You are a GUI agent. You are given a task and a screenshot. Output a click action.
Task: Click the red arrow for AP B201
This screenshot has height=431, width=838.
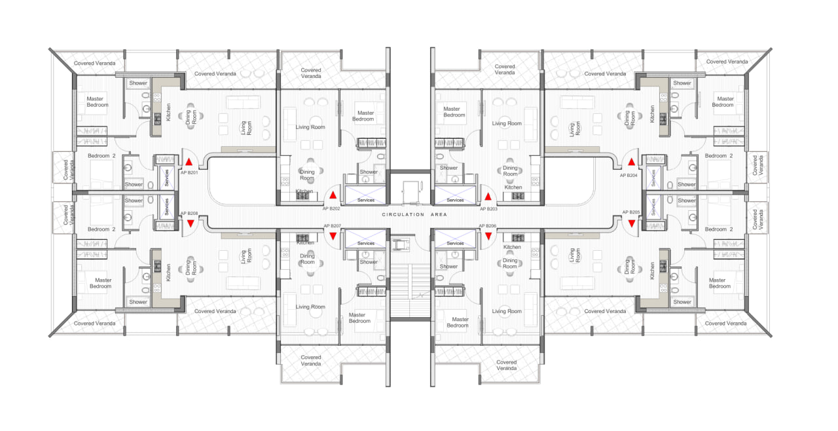pyautogui.click(x=189, y=162)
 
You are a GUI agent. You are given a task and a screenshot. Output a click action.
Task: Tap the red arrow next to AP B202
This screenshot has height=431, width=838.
pyautogui.click(x=333, y=195)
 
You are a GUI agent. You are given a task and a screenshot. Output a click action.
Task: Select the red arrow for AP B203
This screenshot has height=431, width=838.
pyautogui.click(x=488, y=197)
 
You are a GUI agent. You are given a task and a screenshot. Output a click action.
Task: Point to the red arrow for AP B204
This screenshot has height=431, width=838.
pyautogui.click(x=632, y=162)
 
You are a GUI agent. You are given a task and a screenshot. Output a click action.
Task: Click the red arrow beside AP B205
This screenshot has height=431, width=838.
pyautogui.click(x=632, y=224)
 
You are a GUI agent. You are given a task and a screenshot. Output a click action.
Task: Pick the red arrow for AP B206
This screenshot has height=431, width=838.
pyautogui.click(x=488, y=236)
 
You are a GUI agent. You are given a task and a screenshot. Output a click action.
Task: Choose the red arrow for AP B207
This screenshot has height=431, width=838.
pyautogui.click(x=333, y=236)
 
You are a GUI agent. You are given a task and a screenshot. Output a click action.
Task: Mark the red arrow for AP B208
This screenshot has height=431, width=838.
pyautogui.click(x=191, y=224)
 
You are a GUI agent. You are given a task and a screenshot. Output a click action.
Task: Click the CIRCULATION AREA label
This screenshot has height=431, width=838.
pyautogui.click(x=414, y=215)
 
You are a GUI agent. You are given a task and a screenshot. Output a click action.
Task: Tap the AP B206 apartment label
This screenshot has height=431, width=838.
pyautogui.click(x=488, y=225)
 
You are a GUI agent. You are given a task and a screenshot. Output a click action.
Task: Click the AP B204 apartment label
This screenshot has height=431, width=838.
pyautogui.click(x=628, y=175)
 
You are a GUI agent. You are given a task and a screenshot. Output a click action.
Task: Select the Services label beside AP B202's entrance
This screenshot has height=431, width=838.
pyautogui.click(x=365, y=200)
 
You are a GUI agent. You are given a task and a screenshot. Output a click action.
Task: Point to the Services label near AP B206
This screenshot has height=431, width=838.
pyautogui.click(x=455, y=243)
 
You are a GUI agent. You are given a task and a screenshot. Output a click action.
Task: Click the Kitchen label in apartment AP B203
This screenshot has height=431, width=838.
pyautogui.click(x=513, y=187)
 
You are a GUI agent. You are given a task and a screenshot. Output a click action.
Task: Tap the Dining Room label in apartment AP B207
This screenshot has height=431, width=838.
pyautogui.click(x=307, y=259)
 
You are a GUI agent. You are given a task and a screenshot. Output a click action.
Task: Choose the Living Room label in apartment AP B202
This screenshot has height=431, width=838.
pyautogui.click(x=310, y=127)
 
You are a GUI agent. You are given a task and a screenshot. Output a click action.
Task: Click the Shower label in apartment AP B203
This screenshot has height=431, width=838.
pyautogui.click(x=448, y=168)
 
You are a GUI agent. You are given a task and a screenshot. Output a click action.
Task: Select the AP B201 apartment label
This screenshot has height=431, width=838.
pyautogui.click(x=189, y=173)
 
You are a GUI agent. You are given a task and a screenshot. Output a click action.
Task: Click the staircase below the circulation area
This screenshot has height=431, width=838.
pyautogui.click(x=410, y=290)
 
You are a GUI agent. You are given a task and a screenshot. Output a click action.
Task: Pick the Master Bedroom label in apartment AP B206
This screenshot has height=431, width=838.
pyautogui.click(x=458, y=322)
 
